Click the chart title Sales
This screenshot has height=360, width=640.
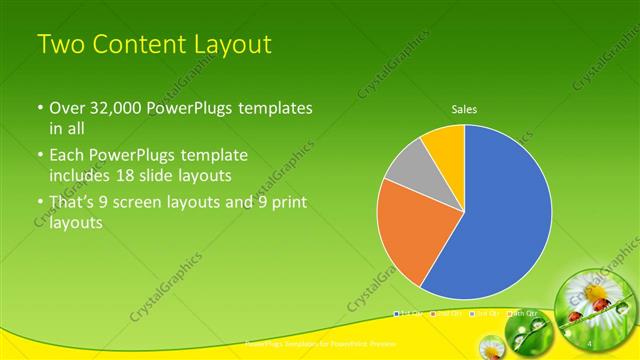(x=464, y=108)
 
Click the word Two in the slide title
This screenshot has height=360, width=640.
(x=59, y=45)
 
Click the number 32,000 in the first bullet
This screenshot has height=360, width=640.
(x=110, y=107)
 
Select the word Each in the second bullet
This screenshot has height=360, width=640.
(x=67, y=156)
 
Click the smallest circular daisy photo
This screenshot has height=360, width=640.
(x=490, y=346)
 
